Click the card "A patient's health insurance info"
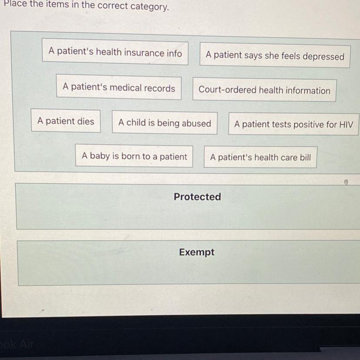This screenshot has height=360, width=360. click(x=115, y=53)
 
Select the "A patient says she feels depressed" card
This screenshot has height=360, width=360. click(x=275, y=56)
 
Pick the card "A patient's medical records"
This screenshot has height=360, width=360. click(x=119, y=88)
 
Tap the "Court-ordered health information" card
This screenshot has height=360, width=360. click(x=264, y=90)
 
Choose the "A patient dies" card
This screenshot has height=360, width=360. click(x=66, y=121)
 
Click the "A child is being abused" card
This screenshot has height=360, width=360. click(x=164, y=123)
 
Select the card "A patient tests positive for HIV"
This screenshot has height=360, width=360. click(x=293, y=124)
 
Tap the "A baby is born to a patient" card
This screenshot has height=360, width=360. click(x=134, y=157)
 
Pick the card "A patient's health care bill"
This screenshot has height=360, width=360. click(x=260, y=157)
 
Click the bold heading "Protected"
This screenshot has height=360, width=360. click(x=197, y=197)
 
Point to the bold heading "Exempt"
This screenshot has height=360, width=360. click(x=197, y=253)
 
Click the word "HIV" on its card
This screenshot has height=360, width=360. click(x=346, y=125)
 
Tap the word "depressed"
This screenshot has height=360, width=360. click(x=323, y=57)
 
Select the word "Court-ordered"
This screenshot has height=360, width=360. click(x=227, y=90)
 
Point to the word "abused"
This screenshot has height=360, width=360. click(x=197, y=123)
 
